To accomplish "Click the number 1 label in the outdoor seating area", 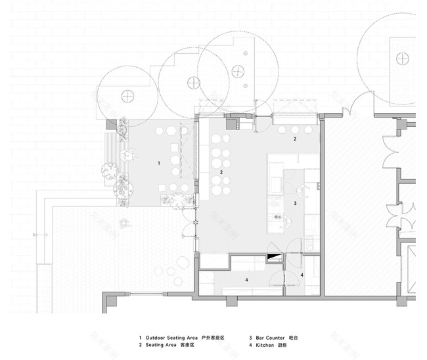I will pos(158,162).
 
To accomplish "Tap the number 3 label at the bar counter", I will pos(295,204).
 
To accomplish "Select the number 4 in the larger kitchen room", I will pos(246,280).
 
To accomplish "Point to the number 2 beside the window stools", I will pos(295,139).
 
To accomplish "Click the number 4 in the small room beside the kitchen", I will pos(302,274).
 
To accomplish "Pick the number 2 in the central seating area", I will pos(221,172).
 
